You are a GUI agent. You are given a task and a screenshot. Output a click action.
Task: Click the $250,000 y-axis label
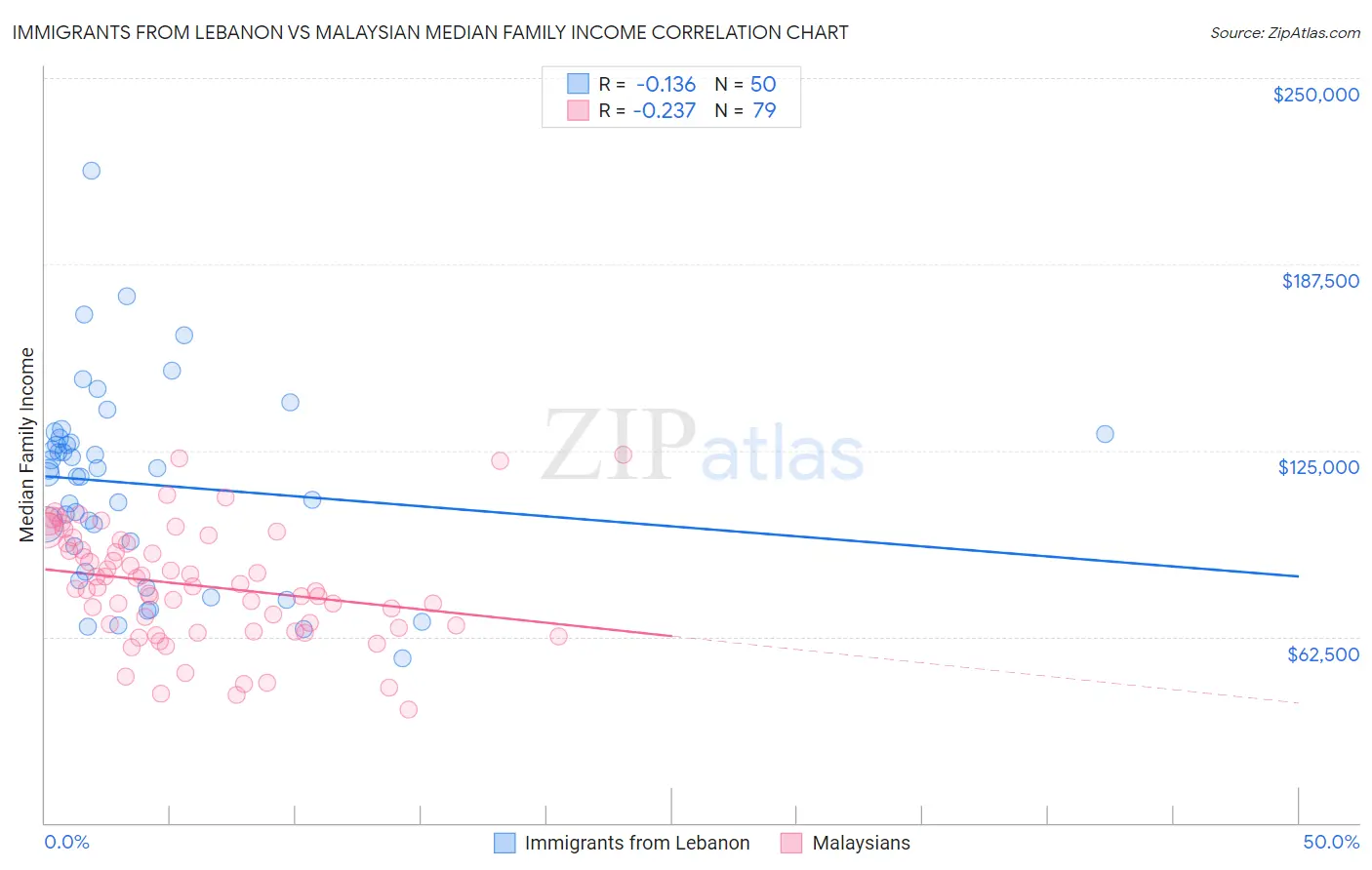coord(1315,95)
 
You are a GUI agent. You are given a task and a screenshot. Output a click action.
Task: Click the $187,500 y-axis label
coord(1319,281)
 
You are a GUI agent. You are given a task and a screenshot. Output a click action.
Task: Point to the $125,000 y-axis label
coord(1318,467)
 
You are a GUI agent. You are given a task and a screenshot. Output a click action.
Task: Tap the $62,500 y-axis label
coord(1322,654)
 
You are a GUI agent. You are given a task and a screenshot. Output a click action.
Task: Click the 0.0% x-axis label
coord(66,842)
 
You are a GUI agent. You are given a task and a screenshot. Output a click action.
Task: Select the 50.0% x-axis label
coord(1331,842)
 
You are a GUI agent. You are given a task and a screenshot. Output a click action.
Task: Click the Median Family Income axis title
coord(27,444)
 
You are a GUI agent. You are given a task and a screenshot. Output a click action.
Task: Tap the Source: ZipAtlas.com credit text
coord(1284,32)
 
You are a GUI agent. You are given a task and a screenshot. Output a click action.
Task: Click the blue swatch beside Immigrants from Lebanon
coord(504,843)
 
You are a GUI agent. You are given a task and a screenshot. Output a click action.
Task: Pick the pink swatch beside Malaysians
coord(791,843)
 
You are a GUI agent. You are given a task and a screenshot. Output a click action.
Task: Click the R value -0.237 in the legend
coord(664,110)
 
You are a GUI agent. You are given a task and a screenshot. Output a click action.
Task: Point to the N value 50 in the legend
coord(763,84)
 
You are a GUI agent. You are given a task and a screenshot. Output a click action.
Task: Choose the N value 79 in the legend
coord(764,110)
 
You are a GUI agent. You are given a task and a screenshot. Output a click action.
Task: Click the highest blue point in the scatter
coord(92,171)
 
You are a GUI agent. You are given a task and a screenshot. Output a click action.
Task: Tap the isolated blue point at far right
coord(1105,434)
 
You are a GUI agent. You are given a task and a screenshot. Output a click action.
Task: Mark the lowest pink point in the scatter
coord(409,709)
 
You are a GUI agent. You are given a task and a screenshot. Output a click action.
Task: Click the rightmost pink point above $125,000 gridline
coord(623,455)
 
